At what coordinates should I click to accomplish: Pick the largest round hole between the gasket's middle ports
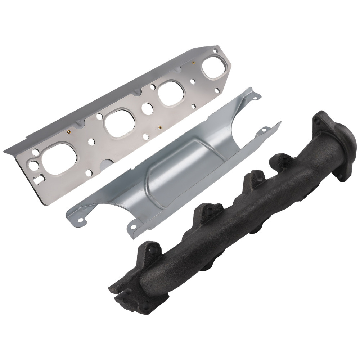(147, 107)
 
